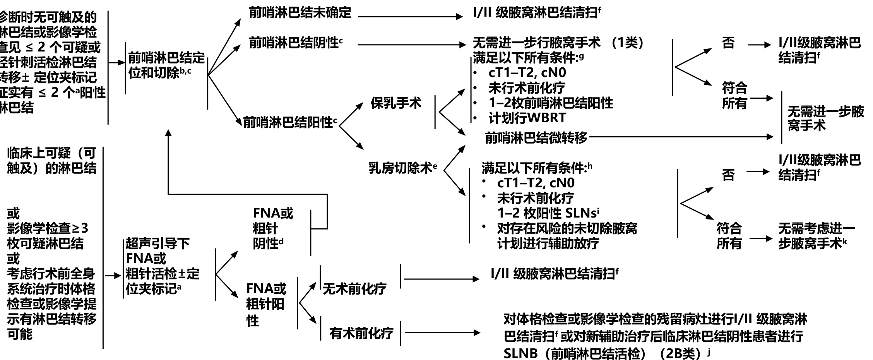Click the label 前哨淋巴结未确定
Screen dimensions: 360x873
(x=300, y=13)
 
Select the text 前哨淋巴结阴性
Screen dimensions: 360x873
(x=294, y=43)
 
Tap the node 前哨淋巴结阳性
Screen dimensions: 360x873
(x=288, y=123)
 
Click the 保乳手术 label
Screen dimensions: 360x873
(x=396, y=103)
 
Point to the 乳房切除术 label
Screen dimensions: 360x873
(x=400, y=168)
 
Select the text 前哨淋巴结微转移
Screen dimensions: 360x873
(x=536, y=137)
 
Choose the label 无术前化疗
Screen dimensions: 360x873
(x=354, y=289)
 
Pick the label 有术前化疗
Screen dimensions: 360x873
(x=361, y=333)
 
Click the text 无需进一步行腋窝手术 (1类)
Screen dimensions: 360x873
(x=557, y=43)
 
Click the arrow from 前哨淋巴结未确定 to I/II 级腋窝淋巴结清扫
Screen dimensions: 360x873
(x=410, y=17)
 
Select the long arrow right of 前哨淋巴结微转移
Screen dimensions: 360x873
(x=681, y=137)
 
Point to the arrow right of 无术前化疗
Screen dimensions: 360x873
(x=441, y=279)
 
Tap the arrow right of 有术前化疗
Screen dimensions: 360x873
(x=441, y=332)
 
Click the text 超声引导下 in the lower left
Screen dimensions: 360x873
(x=157, y=243)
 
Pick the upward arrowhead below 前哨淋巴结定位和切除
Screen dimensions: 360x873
(x=168, y=133)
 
